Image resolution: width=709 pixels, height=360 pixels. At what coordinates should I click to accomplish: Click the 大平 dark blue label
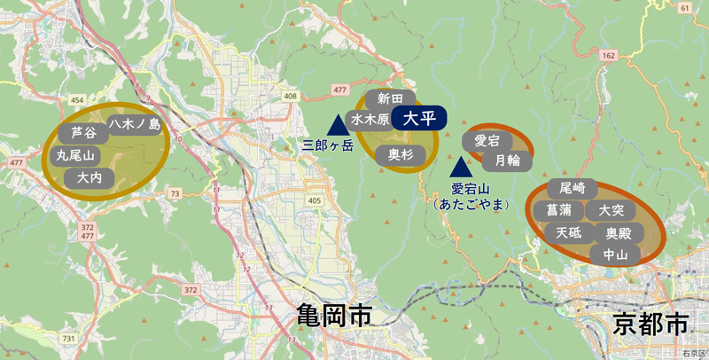[x=418, y=118]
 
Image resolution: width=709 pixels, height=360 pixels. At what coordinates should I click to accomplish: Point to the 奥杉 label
[x=401, y=154]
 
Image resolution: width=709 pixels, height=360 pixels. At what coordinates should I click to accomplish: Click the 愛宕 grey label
[x=487, y=140]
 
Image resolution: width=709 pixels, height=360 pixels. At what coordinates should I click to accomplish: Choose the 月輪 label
[x=507, y=160]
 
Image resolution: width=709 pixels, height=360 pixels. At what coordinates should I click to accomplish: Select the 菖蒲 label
[x=559, y=211]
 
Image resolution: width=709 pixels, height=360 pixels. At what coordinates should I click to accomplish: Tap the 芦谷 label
[x=82, y=134]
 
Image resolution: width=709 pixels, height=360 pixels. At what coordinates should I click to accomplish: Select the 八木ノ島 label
[x=135, y=125]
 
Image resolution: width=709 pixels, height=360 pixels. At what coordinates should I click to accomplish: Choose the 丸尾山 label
[x=74, y=155]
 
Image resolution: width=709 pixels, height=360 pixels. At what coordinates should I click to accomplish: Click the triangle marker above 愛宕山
[x=460, y=167]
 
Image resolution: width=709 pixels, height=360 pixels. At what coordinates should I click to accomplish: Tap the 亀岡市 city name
[x=333, y=316]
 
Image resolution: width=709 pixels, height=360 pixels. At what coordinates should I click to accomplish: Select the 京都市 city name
[x=650, y=324]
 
